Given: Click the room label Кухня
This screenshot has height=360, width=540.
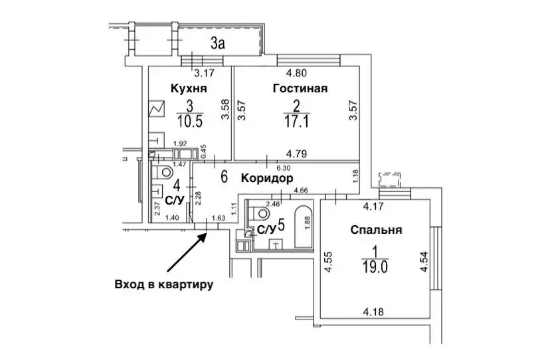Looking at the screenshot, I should click(189, 88).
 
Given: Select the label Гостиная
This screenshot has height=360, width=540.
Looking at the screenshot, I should click(300, 88).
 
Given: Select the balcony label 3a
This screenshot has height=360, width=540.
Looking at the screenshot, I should click(218, 45).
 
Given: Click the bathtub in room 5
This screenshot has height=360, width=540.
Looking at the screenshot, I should click(304, 226).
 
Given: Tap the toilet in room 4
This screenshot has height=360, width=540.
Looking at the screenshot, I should click(162, 173).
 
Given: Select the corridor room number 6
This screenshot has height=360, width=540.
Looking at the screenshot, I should click(224, 177).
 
